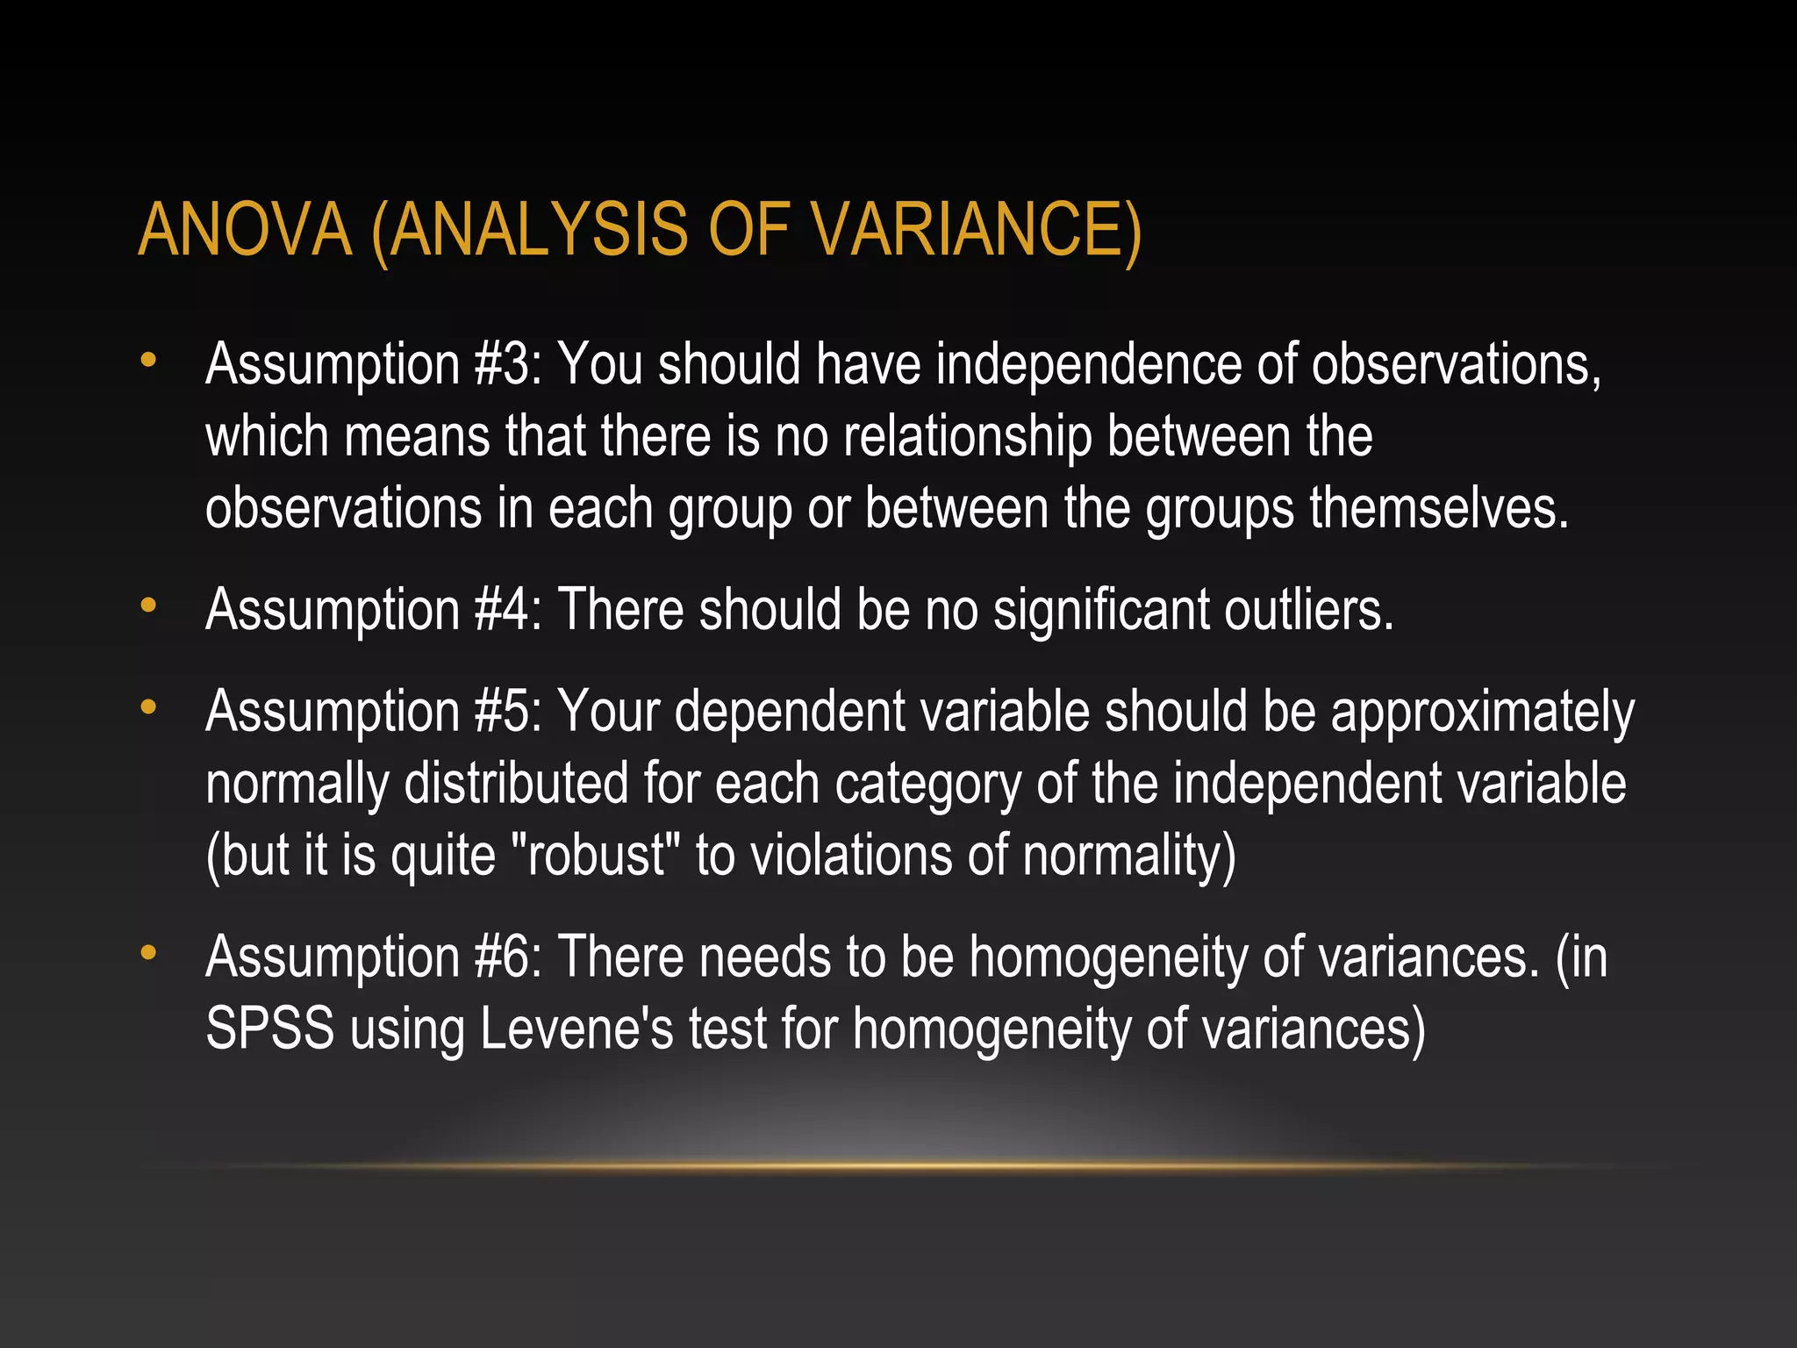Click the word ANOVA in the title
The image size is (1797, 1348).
245,230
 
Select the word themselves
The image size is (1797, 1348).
1439,508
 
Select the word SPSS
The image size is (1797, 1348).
270,1029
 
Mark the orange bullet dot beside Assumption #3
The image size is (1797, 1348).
148,360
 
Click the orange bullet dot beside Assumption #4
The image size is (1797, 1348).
148,606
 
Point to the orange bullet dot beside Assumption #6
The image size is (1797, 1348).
148,952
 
